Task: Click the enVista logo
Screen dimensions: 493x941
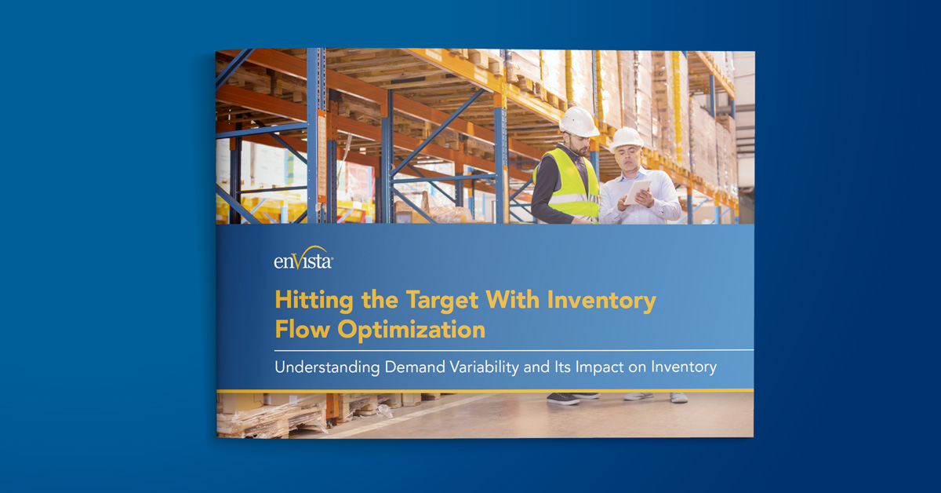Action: (x=303, y=259)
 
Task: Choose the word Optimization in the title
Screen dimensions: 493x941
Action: (x=412, y=329)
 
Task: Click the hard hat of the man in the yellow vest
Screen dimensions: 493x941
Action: (x=579, y=121)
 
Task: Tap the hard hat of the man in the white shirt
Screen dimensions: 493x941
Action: (x=627, y=138)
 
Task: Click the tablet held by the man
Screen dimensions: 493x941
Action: (x=638, y=191)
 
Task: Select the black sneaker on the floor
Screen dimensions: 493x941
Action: (x=562, y=398)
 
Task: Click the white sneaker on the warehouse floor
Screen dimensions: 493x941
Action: (x=678, y=397)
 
